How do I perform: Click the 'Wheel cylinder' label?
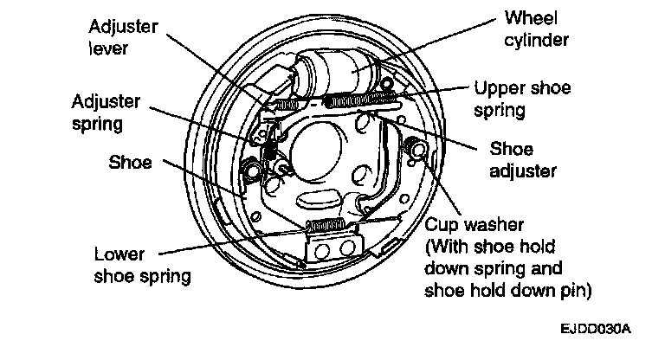click(x=536, y=29)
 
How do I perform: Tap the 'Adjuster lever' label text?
click(x=123, y=37)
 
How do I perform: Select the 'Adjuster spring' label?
click(x=106, y=112)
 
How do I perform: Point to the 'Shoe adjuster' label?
click(x=522, y=160)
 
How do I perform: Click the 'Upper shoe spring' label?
click(x=522, y=99)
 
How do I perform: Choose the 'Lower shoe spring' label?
click(x=142, y=265)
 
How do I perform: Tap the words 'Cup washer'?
click(x=475, y=224)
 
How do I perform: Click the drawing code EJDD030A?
click(x=596, y=329)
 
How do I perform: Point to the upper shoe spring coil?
click(x=360, y=100)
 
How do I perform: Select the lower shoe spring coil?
click(x=326, y=225)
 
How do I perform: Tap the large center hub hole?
click(x=317, y=150)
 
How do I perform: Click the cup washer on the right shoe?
click(x=416, y=148)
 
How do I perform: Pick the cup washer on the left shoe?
click(x=253, y=169)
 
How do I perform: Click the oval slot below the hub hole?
click(x=318, y=199)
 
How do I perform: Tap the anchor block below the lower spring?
click(x=334, y=248)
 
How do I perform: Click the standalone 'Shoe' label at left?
click(x=130, y=163)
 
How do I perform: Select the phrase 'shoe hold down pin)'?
click(x=507, y=291)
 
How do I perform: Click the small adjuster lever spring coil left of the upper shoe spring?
click(x=287, y=104)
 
